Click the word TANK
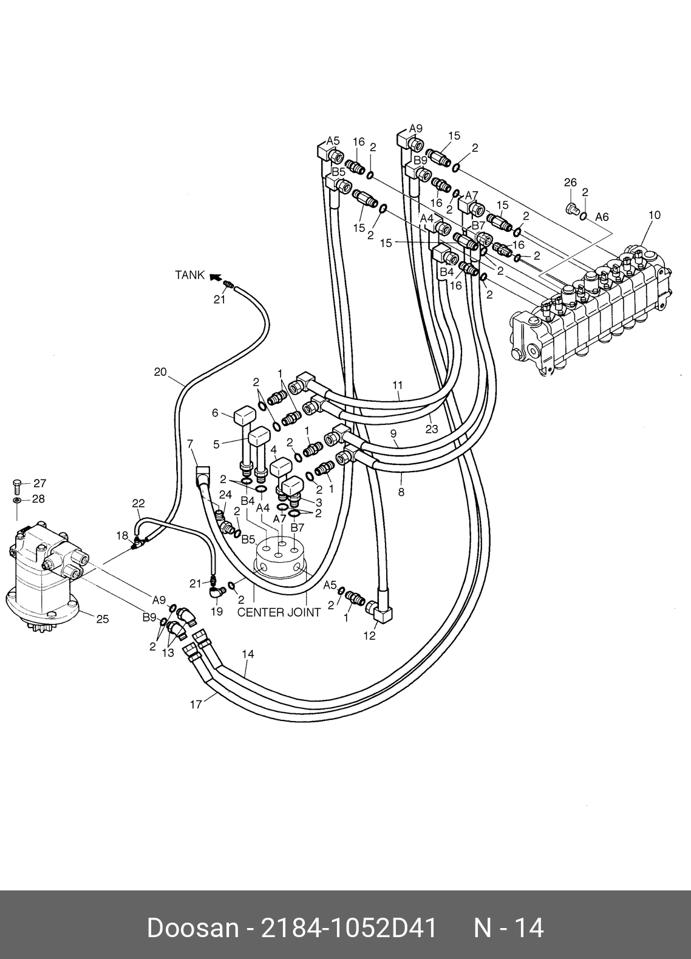coord(190,275)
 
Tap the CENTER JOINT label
coord(279,612)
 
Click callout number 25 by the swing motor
coord(103,619)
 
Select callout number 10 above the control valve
coord(655,215)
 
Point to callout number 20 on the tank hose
coord(160,372)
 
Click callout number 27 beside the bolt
coord(40,483)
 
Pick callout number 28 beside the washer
coord(38,499)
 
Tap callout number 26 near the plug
coord(570,183)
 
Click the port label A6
coord(602,217)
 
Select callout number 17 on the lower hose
coord(196,704)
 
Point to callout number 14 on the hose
coord(248,654)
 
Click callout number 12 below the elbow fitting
coord(369,636)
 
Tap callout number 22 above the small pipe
coord(138,504)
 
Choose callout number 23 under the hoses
coord(432,429)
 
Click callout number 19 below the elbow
coord(217,612)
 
